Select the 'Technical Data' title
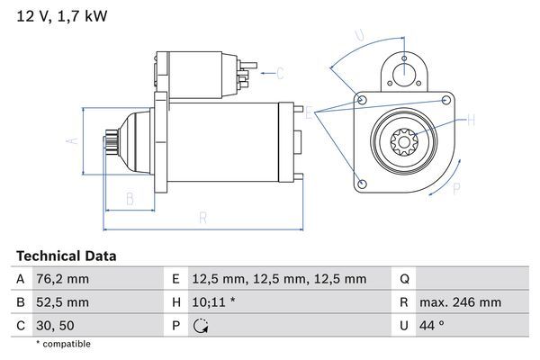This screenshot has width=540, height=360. [x=67, y=256]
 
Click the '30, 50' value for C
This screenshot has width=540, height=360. [x=57, y=325]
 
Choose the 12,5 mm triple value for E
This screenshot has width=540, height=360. [x=281, y=279]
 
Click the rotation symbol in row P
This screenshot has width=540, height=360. [x=201, y=325]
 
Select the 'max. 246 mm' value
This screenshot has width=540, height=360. [x=461, y=302]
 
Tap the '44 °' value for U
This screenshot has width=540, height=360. [x=436, y=325]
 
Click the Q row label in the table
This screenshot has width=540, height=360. [x=404, y=279]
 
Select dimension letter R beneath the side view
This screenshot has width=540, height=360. [x=202, y=217]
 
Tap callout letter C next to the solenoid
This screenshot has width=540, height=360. [x=280, y=73]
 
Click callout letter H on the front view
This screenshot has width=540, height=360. [x=471, y=118]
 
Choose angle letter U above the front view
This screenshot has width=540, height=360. [x=359, y=36]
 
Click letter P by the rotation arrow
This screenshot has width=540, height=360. [x=456, y=188]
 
